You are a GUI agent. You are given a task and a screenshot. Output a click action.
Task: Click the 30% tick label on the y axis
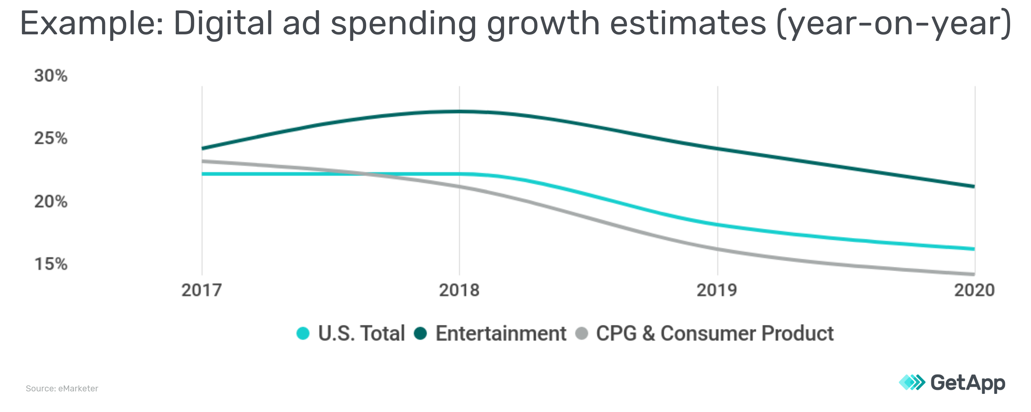pyautogui.click(x=51, y=76)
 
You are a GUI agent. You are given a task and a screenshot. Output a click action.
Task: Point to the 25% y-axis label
pyautogui.click(x=51, y=138)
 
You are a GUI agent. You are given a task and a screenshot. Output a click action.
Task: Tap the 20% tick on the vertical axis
pyautogui.click(x=51, y=201)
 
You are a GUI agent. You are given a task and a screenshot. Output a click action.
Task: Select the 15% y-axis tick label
pyautogui.click(x=51, y=264)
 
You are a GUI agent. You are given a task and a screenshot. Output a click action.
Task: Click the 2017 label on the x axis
pyautogui.click(x=202, y=290)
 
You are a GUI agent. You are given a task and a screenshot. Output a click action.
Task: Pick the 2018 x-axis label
pyautogui.click(x=459, y=290)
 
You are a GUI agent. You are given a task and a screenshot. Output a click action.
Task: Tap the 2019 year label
pyautogui.click(x=717, y=290)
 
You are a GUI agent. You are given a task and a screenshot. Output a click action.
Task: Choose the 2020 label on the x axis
pyautogui.click(x=974, y=290)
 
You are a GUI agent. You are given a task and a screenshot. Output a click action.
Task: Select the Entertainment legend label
pyautogui.click(x=501, y=333)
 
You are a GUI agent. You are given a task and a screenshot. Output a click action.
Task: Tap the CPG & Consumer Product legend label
pyautogui.click(x=715, y=333)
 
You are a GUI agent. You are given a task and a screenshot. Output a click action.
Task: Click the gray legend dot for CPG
pyautogui.click(x=581, y=333)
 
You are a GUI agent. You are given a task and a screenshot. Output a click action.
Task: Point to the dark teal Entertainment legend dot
pyautogui.click(x=420, y=333)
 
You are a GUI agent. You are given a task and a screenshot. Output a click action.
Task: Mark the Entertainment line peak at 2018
pyautogui.click(x=459, y=111)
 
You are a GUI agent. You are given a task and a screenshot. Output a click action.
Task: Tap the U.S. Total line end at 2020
pyautogui.click(x=973, y=249)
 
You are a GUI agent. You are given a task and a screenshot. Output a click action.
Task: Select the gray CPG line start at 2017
pyautogui.click(x=203, y=161)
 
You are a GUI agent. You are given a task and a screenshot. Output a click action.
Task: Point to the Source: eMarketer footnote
pyautogui.click(x=62, y=388)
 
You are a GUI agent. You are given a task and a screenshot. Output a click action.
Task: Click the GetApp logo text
pyautogui.click(x=968, y=383)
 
